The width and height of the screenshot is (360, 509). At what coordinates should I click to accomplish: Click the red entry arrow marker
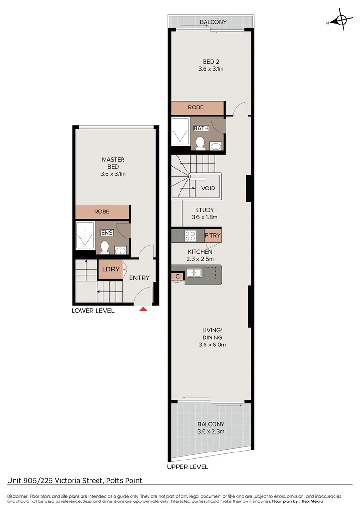tap(144, 309)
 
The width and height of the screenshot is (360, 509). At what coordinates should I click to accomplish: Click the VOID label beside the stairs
tap(208, 188)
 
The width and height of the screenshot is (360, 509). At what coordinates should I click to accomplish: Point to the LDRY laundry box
tap(111, 270)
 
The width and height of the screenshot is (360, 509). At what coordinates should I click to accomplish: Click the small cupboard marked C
tap(178, 276)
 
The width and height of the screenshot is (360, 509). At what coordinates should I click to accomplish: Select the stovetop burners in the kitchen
tap(191, 235)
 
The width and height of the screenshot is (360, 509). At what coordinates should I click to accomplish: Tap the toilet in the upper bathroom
tap(199, 142)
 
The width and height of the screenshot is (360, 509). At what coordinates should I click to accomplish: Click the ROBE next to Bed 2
tap(196, 107)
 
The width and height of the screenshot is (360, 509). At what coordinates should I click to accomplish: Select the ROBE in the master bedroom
tap(102, 212)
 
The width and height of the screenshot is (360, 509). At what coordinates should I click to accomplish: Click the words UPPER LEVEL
tap(188, 467)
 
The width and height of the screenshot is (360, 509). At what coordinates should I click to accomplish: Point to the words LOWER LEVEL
tap(93, 311)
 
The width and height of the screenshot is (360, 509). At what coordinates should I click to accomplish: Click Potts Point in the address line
tap(123, 481)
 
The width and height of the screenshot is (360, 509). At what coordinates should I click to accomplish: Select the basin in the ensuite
tap(120, 250)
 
